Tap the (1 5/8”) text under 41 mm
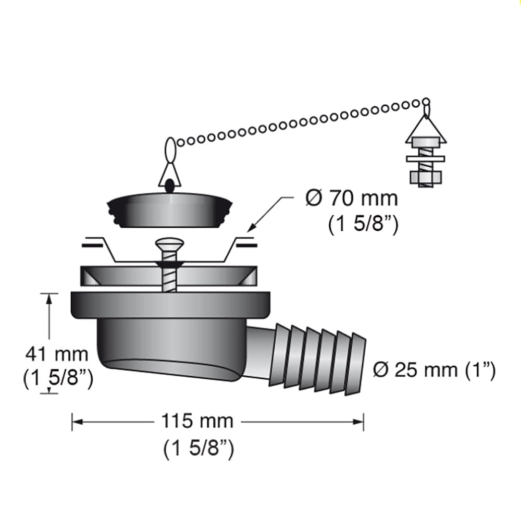pyautogui.click(x=58, y=379)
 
